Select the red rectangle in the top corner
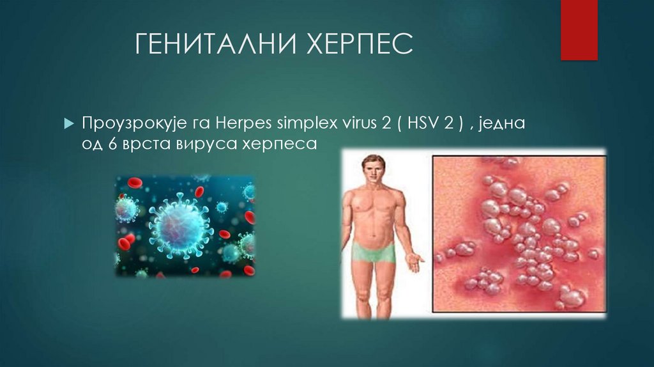coord(579,29)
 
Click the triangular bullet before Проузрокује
coord(70,123)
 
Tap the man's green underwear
coord(373,252)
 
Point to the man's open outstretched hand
coord(415,262)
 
